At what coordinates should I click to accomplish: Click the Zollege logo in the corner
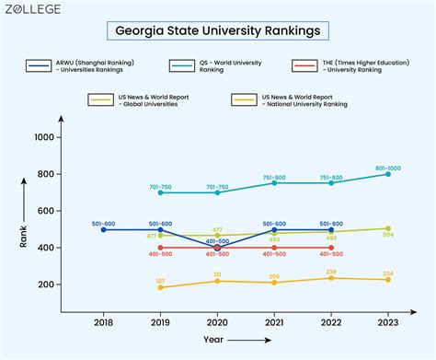tap(47, 9)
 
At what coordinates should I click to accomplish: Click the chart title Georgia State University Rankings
tap(217, 30)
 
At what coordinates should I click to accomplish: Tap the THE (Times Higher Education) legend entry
tap(360, 66)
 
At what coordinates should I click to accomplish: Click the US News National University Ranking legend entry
tap(293, 99)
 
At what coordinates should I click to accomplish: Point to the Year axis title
tap(213, 339)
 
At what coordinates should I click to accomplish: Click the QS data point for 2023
tap(387, 174)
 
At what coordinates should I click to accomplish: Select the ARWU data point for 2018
tap(103, 229)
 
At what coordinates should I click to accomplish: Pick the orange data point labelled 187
tap(160, 287)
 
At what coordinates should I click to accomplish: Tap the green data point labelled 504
tap(387, 228)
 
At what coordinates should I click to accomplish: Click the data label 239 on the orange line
tap(331, 272)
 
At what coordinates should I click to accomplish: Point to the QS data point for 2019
tap(160, 192)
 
